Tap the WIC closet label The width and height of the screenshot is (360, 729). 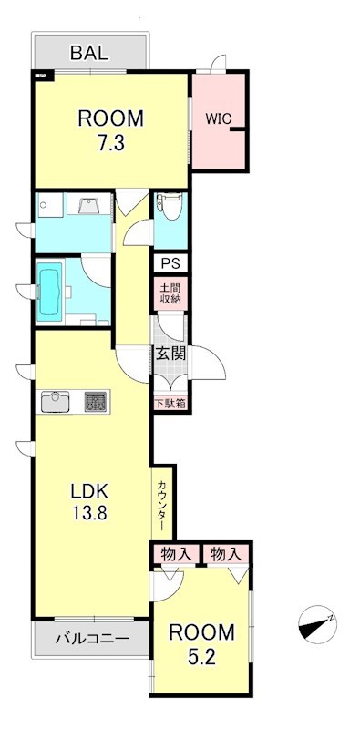coord(219,118)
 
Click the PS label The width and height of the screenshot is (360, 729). coord(170,263)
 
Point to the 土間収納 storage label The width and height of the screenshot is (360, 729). coord(170,292)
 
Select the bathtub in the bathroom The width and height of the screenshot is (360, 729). coord(51,291)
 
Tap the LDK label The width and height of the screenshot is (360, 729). coord(90,491)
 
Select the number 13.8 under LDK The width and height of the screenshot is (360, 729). coord(90,512)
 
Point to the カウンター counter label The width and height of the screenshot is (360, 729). coord(161,507)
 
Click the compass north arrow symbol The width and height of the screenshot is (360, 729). coord(316,625)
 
